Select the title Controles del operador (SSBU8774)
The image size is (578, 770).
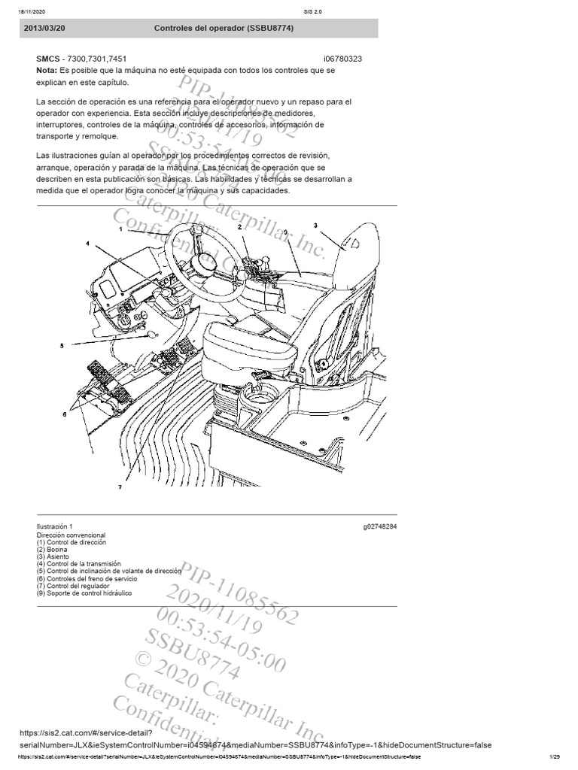click(224, 28)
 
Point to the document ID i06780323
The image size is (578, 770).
click(342, 59)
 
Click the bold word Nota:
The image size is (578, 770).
click(47, 70)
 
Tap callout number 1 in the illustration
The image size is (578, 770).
click(120, 229)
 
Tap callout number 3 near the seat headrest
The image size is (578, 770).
click(315, 225)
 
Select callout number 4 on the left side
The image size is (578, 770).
click(87, 244)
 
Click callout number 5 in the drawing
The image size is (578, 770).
click(62, 346)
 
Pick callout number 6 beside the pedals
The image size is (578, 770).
click(65, 414)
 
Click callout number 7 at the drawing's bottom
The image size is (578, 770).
click(119, 487)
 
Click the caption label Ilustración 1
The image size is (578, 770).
click(55, 526)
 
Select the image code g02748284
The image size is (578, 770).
click(379, 526)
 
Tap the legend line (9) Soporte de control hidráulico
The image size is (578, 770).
click(84, 593)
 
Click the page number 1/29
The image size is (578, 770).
click(555, 756)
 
